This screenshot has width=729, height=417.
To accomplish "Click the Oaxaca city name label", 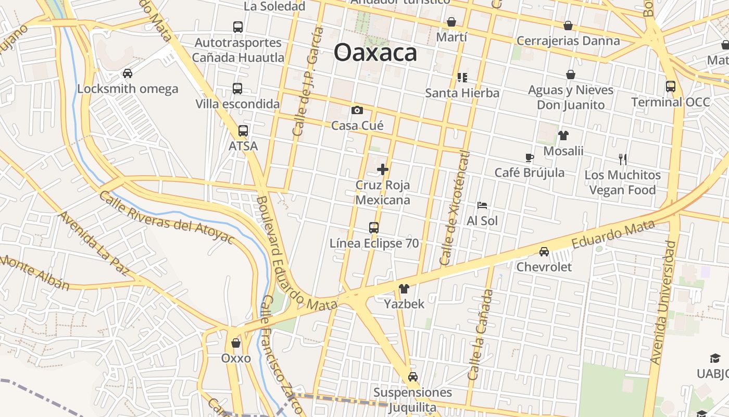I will [x=375, y=53].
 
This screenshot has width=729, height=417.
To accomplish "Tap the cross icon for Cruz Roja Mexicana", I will [x=383, y=169].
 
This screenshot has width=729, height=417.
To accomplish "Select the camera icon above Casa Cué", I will [x=357, y=110].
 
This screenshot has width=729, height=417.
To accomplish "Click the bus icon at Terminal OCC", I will [x=671, y=87].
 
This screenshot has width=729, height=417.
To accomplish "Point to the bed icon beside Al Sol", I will [x=482, y=205].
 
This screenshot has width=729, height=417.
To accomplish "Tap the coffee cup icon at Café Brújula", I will [x=529, y=157].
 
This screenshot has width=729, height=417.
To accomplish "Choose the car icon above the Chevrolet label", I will [x=544, y=252].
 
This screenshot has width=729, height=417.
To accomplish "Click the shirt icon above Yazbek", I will [x=404, y=288].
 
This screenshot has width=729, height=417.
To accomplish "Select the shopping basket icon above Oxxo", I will [x=236, y=343].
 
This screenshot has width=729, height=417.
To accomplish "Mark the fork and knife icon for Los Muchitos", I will [x=622, y=159].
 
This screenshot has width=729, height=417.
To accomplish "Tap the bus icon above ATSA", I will [x=243, y=131].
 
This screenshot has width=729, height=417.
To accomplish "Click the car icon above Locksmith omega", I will [x=128, y=73].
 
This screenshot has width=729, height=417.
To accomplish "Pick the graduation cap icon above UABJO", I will [x=715, y=358].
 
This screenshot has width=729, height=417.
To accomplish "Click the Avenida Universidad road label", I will [x=663, y=302].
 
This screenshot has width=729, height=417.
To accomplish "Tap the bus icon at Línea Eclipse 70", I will [x=374, y=228].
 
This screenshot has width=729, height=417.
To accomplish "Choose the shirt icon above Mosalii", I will [x=563, y=136].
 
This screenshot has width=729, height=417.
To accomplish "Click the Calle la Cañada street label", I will [x=481, y=334].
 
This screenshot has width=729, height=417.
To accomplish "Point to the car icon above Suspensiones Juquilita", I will [x=413, y=377].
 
